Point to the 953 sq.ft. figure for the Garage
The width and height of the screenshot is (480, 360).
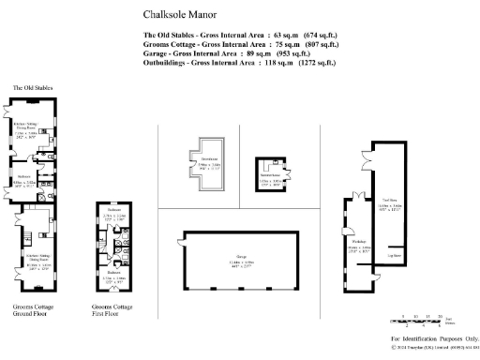pos(285,53)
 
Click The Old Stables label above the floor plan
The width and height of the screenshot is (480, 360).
pos(32,87)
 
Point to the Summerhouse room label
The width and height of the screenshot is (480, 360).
pos(270,174)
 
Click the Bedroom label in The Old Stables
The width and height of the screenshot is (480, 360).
pos(26,175)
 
